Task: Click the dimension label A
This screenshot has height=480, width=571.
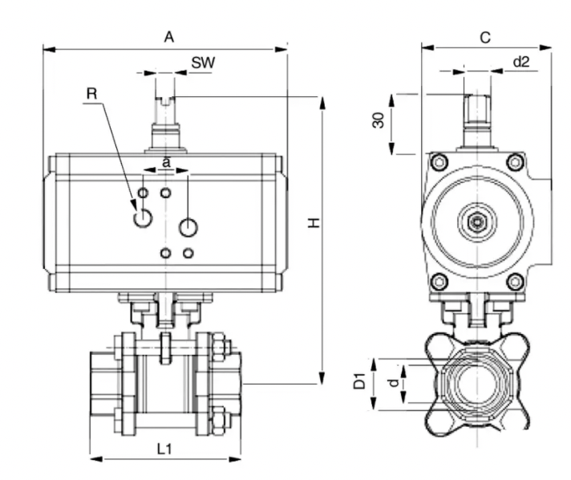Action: point(168,36)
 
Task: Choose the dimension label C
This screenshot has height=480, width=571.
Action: point(484,36)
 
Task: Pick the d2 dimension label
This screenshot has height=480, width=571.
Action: point(520,61)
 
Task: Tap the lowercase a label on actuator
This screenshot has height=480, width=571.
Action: point(166,161)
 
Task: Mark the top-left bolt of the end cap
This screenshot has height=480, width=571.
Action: point(438,163)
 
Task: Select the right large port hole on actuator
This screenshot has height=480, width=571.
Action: point(188,227)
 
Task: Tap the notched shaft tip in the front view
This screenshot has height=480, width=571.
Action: point(166,101)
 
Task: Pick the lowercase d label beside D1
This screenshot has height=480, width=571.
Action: point(392,384)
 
